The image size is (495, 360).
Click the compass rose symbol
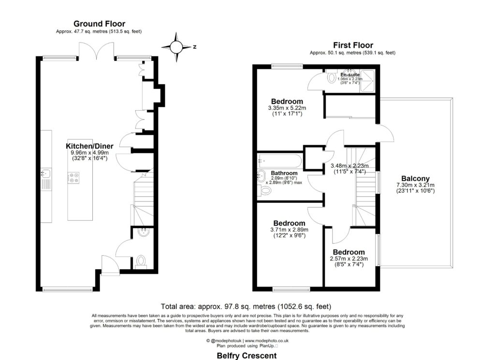[x=177, y=46]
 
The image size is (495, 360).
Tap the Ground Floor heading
[x=99, y=24]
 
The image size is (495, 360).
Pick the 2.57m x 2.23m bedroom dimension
[x=348, y=259]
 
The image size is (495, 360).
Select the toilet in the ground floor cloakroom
[x=141, y=262]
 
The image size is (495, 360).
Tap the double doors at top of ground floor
[x=99, y=51]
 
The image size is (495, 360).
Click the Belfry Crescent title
[x=247, y=356]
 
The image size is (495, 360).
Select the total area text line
[x=247, y=306]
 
